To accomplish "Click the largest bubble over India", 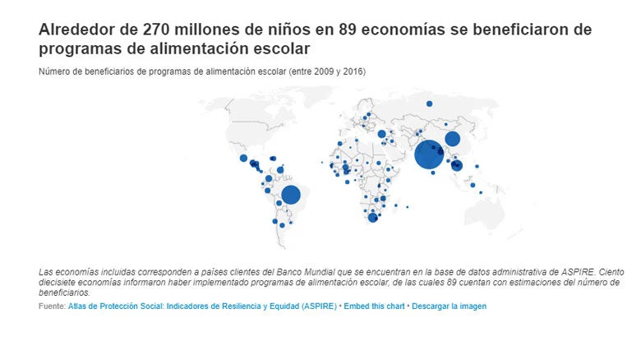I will point(428,154).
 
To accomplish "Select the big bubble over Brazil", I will point(291,195).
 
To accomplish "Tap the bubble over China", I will point(452,139).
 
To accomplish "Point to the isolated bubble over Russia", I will point(429,104).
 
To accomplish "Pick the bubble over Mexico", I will point(243,158).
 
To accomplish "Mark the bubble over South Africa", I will point(372,218).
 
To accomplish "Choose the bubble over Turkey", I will point(381,133).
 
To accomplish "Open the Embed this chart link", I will point(374,306).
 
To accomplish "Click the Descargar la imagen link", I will point(449,306).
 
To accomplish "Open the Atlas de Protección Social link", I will point(202,306).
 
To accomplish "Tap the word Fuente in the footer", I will point(51,306).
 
